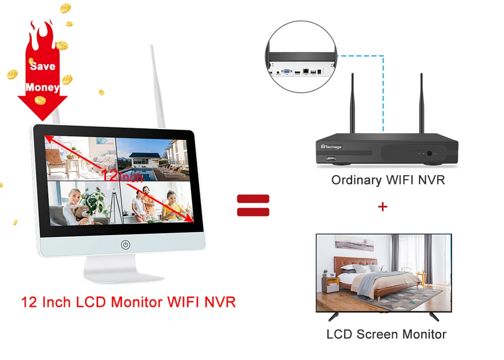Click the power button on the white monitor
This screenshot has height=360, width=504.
pos(125,245)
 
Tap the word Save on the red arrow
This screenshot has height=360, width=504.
pos(42,66)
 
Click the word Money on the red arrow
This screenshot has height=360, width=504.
pos(42,87)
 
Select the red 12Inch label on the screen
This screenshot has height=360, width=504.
pos(123,175)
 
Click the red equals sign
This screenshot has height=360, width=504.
pos(253,205)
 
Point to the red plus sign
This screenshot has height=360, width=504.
pos(383,206)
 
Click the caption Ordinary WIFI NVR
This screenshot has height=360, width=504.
pos(388,180)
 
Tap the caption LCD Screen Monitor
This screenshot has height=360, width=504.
pos(386,334)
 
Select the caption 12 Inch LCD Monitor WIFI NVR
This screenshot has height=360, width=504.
pos(128,302)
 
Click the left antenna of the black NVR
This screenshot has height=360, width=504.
pos(352,104)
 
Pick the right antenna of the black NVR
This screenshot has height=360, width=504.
pos(422,104)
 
